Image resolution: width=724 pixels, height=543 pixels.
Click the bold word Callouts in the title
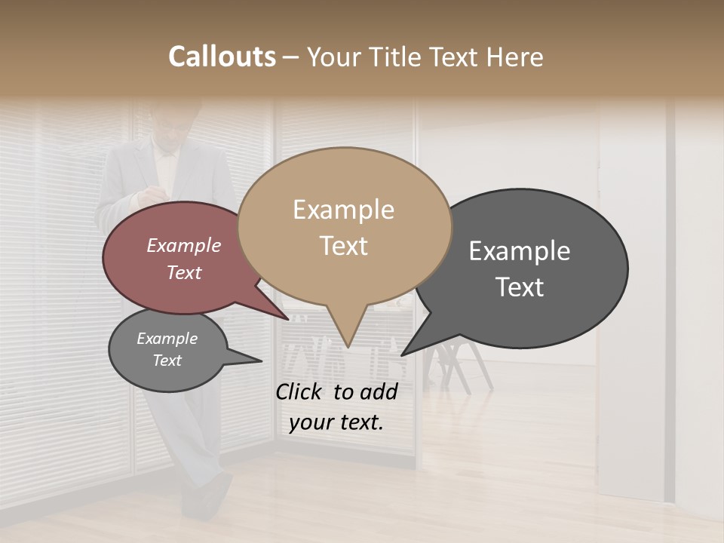(222, 57)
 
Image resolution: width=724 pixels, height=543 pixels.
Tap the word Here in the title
(515, 57)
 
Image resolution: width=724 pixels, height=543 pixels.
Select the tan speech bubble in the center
(344, 226)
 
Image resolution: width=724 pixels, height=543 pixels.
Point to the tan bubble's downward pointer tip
(348, 346)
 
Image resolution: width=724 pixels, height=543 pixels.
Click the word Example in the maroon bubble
(184, 246)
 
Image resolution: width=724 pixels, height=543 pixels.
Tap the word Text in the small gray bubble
(167, 360)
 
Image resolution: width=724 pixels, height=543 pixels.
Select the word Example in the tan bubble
(344, 210)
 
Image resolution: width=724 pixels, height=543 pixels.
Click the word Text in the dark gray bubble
(520, 287)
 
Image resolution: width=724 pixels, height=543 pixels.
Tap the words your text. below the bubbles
(336, 422)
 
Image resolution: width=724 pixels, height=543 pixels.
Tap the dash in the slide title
(292, 57)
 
